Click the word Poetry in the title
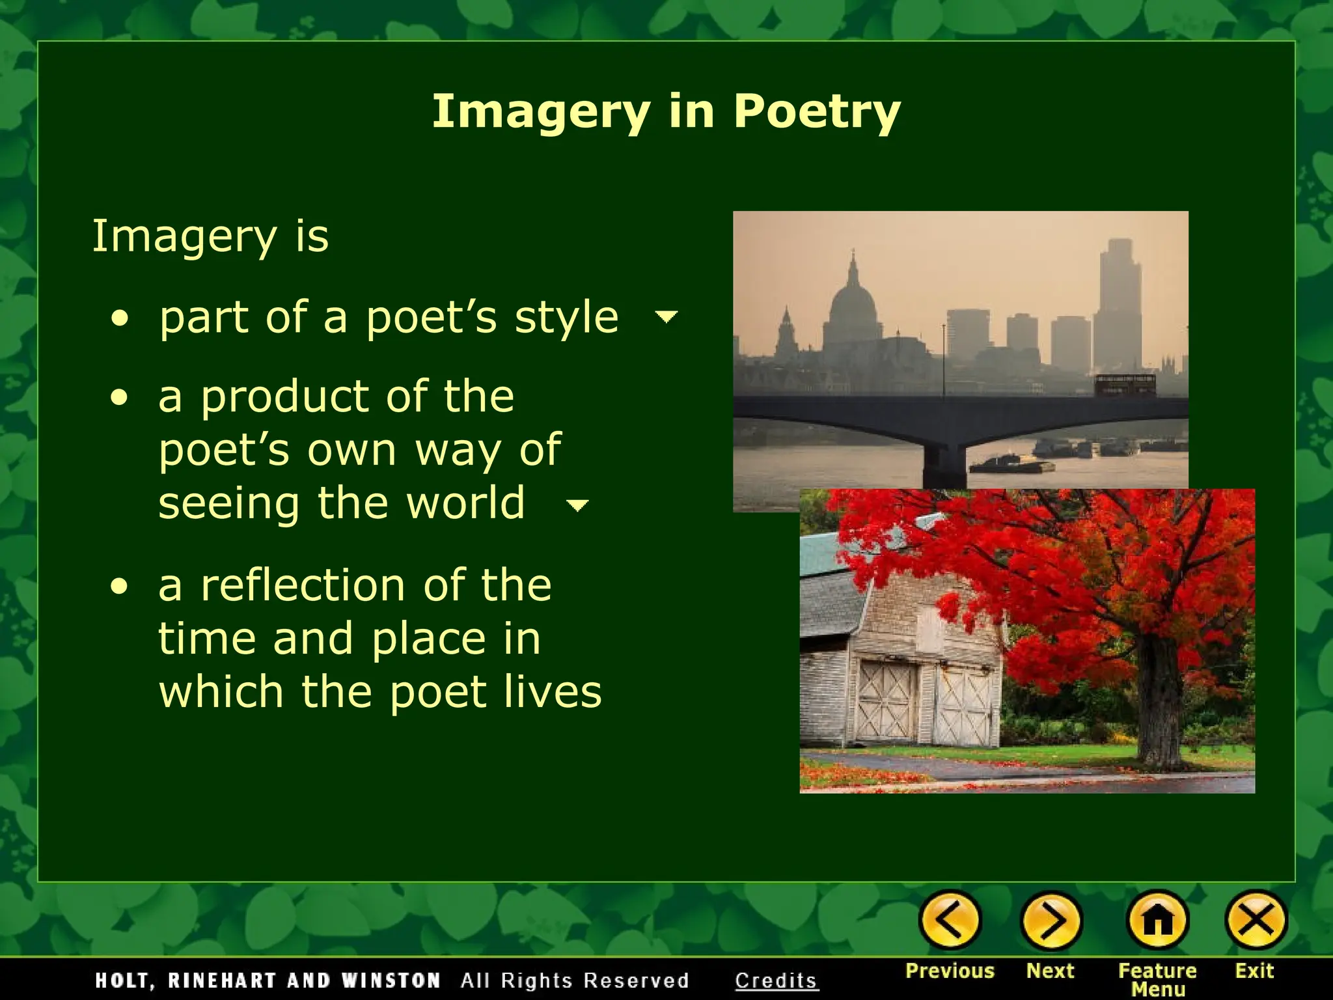817,112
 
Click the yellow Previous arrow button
950,921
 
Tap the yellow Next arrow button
1051,921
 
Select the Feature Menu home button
1158,921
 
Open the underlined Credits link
776,980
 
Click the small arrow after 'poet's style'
666,317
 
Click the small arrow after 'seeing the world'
577,505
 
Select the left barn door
886,700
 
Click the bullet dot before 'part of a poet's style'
120,319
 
